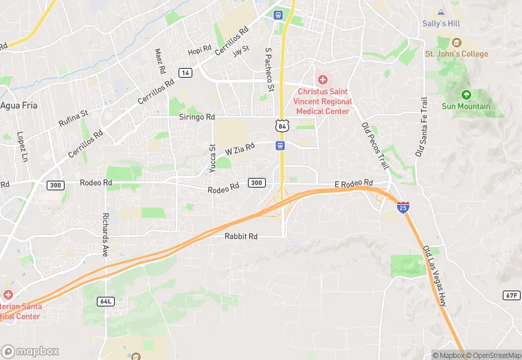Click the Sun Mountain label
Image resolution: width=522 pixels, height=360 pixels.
466,106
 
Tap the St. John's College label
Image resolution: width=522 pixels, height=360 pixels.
456,54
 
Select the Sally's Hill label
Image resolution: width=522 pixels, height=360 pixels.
440,23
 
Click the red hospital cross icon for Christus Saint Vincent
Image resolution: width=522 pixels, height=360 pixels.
321,80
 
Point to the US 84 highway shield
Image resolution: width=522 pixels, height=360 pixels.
281,126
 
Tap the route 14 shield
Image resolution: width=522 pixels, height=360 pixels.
185,72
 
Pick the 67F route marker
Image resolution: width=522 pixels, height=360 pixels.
511,295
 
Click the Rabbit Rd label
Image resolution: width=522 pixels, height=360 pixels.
240,236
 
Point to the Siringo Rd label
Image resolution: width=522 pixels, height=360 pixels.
198,118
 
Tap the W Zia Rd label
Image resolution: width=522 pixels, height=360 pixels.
240,148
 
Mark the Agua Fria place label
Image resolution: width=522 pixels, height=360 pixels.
19,106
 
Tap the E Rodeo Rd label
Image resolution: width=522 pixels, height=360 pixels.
353,184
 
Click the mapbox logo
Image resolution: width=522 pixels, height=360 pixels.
30,351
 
